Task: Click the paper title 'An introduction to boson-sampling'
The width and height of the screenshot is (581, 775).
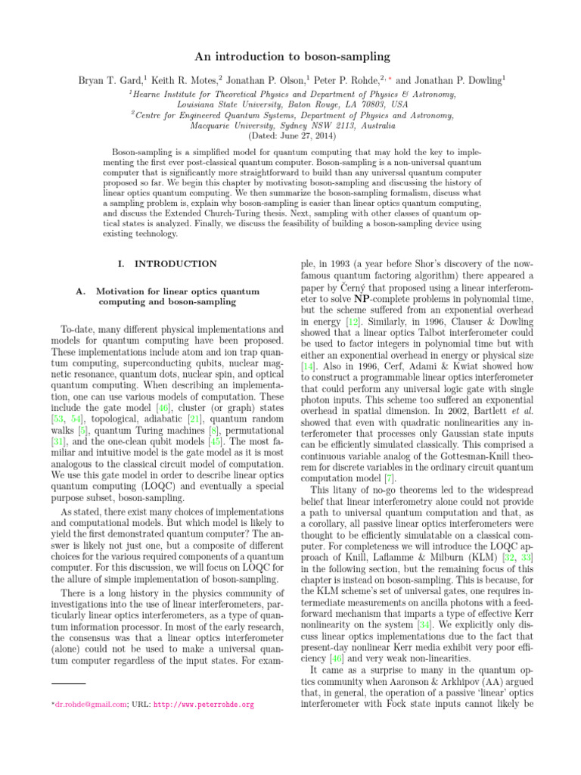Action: click(x=290, y=56)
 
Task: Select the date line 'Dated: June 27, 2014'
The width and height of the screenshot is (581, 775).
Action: click(x=290, y=136)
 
